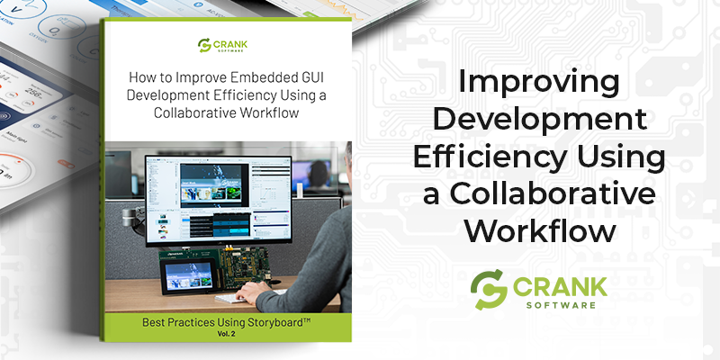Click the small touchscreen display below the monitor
coord(186,272)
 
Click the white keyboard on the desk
coord(234,298)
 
